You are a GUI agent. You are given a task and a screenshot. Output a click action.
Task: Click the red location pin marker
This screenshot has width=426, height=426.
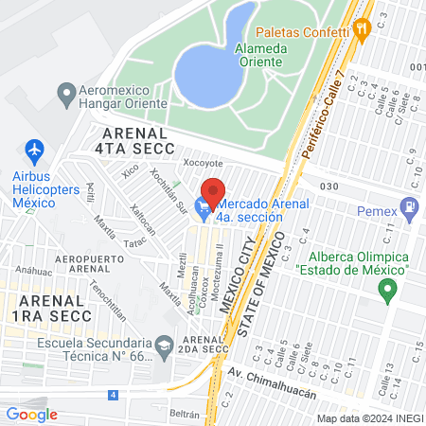pos(214,192)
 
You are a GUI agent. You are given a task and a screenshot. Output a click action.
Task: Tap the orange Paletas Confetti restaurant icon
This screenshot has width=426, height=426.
pos(361,29)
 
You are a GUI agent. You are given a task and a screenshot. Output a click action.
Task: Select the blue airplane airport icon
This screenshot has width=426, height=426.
pos(35,150)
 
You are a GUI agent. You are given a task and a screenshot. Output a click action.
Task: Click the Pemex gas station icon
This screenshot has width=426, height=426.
pos(409,205)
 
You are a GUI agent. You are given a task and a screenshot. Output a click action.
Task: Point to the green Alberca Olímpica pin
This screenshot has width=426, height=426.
pos(386,290)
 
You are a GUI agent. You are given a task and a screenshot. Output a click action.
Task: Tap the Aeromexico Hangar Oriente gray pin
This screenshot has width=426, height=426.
pos(66,94)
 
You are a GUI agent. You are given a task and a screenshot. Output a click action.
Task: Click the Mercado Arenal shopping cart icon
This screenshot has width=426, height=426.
pos(203,205)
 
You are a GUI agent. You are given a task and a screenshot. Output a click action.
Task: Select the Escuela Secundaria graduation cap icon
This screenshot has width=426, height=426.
pos(165,346)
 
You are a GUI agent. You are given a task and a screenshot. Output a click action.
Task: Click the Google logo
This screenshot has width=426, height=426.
pos(31,414)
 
